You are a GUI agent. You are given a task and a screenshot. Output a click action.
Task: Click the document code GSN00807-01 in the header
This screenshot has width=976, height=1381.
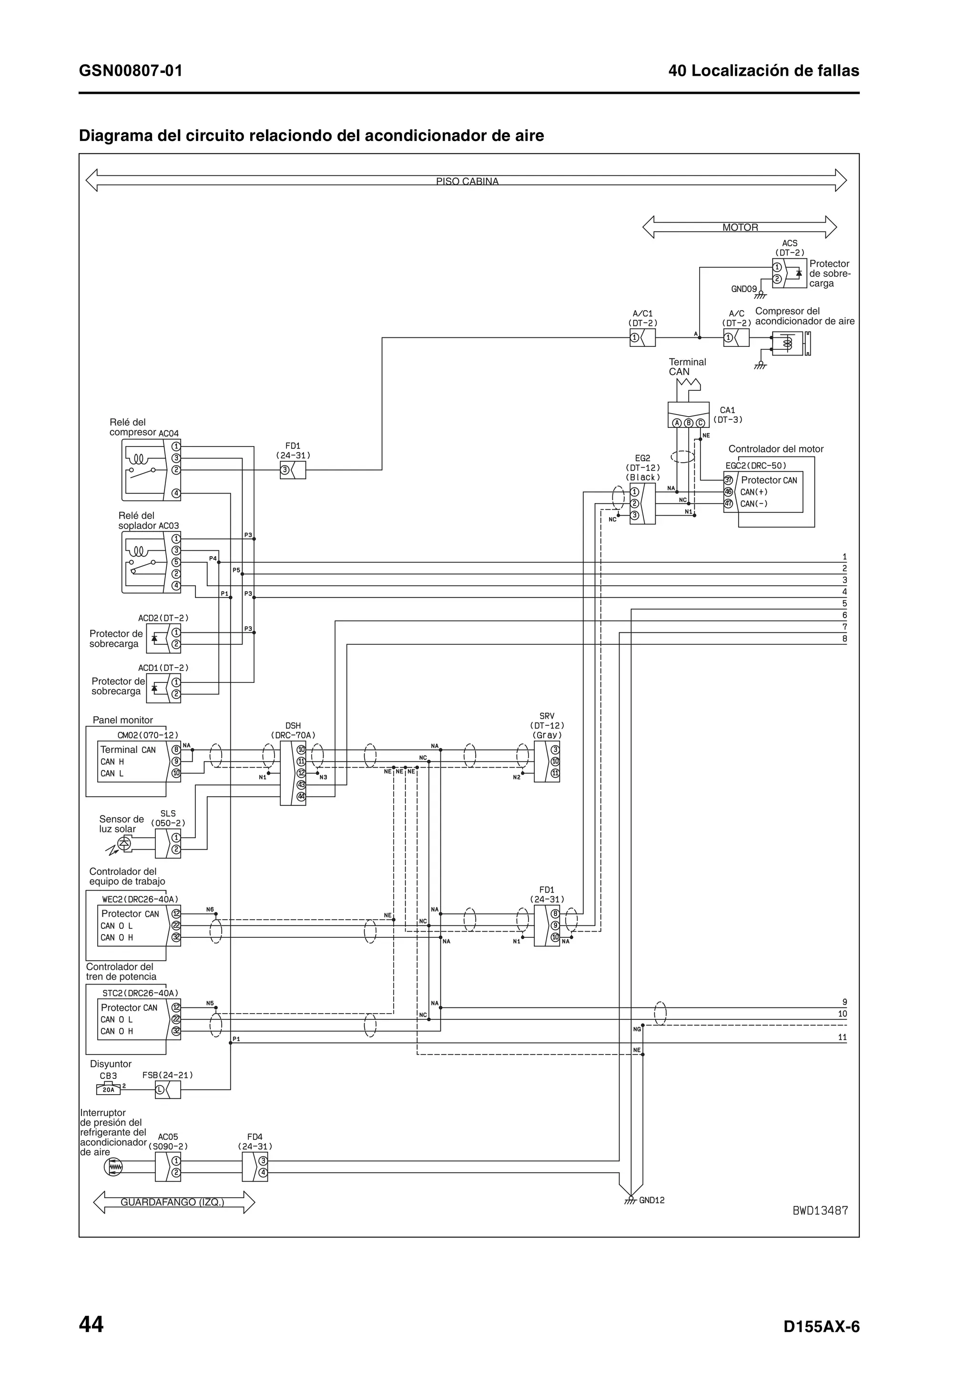[131, 71]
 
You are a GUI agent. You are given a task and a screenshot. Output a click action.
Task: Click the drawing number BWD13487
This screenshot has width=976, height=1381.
[820, 1210]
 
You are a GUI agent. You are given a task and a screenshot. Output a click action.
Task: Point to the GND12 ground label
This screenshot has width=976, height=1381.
[651, 1200]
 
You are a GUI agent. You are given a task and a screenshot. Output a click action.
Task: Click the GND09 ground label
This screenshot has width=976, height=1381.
[743, 289]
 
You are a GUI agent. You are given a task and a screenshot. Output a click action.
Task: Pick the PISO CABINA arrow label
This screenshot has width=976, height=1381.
[467, 181]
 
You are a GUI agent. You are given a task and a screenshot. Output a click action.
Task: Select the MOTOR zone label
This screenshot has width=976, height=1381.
[740, 227]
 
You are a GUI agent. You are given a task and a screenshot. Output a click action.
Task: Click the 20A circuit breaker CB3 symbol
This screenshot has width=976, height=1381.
[108, 1089]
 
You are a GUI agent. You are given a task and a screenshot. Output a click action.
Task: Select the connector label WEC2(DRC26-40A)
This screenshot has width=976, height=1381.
[140, 899]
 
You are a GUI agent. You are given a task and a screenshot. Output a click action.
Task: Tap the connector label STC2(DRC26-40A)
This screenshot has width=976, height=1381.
[140, 993]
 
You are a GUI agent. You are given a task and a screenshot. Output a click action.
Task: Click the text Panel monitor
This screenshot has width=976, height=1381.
[122, 720]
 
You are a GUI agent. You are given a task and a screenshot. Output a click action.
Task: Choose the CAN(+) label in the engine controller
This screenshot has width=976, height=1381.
[753, 492]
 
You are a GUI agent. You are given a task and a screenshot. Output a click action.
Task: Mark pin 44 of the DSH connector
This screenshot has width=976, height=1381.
[301, 796]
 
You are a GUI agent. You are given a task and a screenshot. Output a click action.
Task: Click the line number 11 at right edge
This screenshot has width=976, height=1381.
[842, 1037]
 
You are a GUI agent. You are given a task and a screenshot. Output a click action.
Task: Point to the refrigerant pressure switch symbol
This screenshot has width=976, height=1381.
[113, 1168]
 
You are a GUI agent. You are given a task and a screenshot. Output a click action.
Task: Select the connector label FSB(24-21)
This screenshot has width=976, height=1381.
[167, 1075]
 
